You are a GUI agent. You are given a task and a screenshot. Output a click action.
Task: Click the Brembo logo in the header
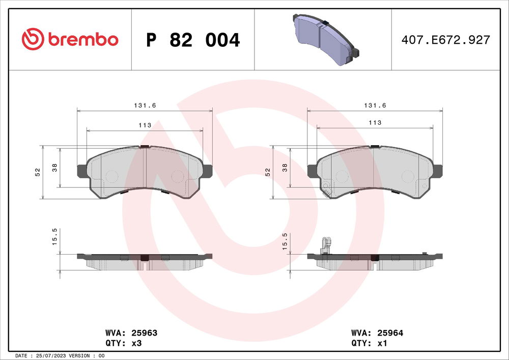[x=70, y=39]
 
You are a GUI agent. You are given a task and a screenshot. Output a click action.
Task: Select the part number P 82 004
[x=192, y=40]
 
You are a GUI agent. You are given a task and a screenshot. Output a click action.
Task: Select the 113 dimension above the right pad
[x=375, y=123]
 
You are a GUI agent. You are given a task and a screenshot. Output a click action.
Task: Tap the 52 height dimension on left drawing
[x=37, y=172]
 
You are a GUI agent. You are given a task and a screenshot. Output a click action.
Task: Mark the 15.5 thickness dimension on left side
[x=54, y=237]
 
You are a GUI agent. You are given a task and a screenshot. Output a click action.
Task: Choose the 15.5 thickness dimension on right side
[x=285, y=241]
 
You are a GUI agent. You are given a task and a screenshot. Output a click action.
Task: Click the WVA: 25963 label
[x=131, y=333]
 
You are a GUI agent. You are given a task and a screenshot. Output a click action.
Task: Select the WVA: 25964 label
[x=377, y=333]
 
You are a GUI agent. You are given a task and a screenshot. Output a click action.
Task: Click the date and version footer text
[x=61, y=355]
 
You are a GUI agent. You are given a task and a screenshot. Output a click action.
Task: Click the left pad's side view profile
[x=145, y=260]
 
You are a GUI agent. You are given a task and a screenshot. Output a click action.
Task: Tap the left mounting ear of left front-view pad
[x=81, y=171]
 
